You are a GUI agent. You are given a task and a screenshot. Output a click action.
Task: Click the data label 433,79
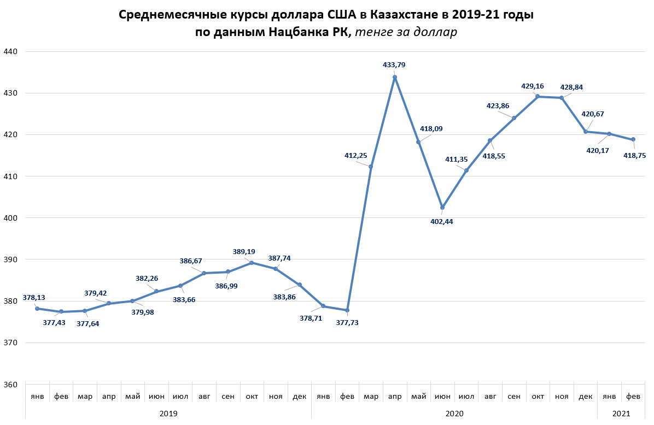[394, 65]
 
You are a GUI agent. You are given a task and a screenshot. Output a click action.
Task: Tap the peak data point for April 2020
[395, 77]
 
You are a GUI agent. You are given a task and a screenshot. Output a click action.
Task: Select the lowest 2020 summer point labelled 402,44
[442, 208]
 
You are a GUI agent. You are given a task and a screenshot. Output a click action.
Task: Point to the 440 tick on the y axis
[11, 51]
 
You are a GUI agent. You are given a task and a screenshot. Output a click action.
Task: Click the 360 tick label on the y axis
[11, 385]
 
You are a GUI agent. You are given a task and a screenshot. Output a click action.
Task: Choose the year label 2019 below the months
[168, 414]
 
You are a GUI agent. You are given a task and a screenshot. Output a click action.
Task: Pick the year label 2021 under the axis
[621, 414]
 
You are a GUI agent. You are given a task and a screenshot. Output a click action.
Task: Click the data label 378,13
[34, 298]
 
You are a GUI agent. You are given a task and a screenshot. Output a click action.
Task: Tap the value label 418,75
[634, 155]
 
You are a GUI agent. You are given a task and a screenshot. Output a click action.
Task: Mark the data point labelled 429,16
[538, 96]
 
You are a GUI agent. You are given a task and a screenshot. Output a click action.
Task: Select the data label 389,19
[244, 252]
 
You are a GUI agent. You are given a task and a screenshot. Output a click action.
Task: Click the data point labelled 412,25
[371, 167]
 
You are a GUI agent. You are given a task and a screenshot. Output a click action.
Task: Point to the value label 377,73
[347, 322]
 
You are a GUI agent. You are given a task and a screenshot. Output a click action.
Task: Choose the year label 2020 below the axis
[454, 414]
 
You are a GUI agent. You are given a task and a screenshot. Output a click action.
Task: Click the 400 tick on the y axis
[11, 218]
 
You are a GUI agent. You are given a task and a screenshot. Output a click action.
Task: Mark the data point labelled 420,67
[585, 132]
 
